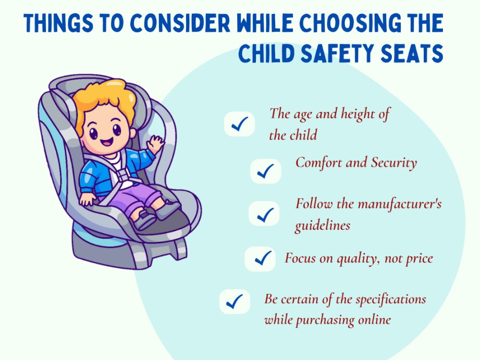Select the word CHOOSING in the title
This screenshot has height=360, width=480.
point(350,23)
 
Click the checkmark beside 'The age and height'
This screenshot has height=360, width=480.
point(239,124)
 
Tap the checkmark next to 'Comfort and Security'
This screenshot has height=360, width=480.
point(265,171)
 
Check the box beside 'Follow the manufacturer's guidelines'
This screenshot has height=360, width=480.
point(264,214)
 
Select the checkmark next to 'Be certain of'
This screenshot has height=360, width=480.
point(235,302)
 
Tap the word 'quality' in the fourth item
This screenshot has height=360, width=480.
point(357,259)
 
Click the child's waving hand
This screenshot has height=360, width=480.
point(155,144)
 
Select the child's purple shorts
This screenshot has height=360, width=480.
point(134,199)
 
